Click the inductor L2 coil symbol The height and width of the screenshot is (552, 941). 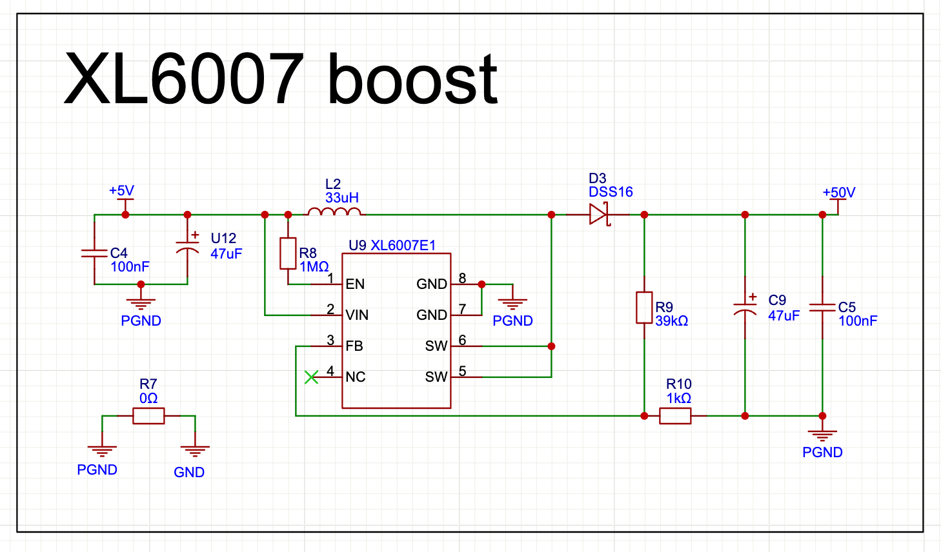pos(334,212)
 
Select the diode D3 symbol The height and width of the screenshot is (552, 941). pos(599,214)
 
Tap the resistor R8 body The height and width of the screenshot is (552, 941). pos(288,253)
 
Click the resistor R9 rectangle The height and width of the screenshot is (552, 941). pos(644,308)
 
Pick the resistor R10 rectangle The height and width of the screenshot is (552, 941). pos(675,416)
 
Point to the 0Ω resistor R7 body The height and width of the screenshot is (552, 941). pos(148,416)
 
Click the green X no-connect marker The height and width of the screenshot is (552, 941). pos(311,377)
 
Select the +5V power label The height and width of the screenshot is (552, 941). pos(121,191)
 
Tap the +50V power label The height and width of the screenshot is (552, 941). pos(838,193)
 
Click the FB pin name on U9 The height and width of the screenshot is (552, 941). pos(354,346)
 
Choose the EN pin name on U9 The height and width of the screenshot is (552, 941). pos(355,284)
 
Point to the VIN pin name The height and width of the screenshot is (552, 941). pos(357,315)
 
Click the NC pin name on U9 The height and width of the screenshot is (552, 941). pos(356,377)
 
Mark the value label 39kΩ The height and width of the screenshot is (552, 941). pos(672,321)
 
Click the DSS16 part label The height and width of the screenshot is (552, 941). pos(611,192)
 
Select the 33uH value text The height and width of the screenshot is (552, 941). pos(342,198)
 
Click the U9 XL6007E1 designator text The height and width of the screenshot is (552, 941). pos(392,245)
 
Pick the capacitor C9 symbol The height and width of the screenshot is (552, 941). pos(745,308)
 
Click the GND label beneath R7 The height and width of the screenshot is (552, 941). pos(189,473)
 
